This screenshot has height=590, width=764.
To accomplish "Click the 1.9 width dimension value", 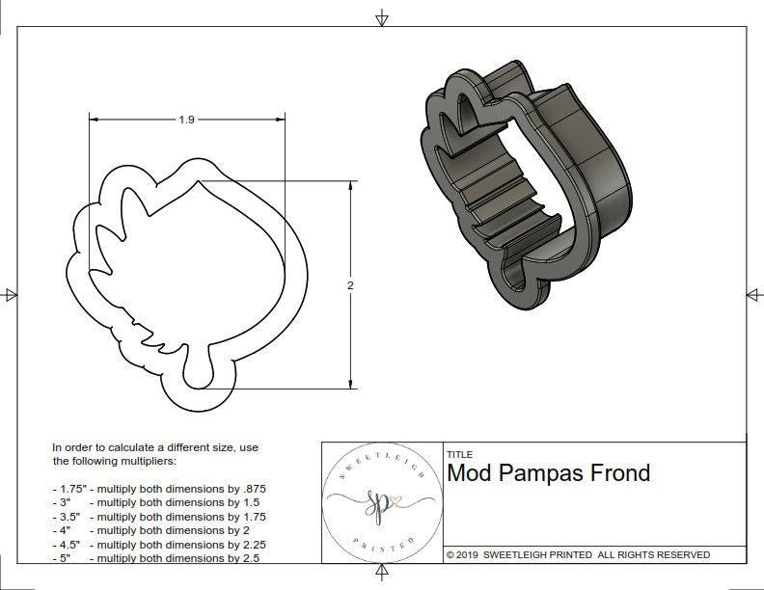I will (x=186, y=120).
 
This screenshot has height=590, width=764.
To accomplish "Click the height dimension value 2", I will (x=350, y=285).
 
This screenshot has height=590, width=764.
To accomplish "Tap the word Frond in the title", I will (x=618, y=473).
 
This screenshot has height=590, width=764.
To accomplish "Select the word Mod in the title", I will (x=467, y=473).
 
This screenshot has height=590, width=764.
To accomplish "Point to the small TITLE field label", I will (x=459, y=454).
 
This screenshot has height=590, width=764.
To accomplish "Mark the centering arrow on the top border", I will (x=382, y=18).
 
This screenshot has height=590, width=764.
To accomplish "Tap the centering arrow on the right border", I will (x=752, y=294).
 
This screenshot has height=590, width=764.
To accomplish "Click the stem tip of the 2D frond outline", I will (x=195, y=378).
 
